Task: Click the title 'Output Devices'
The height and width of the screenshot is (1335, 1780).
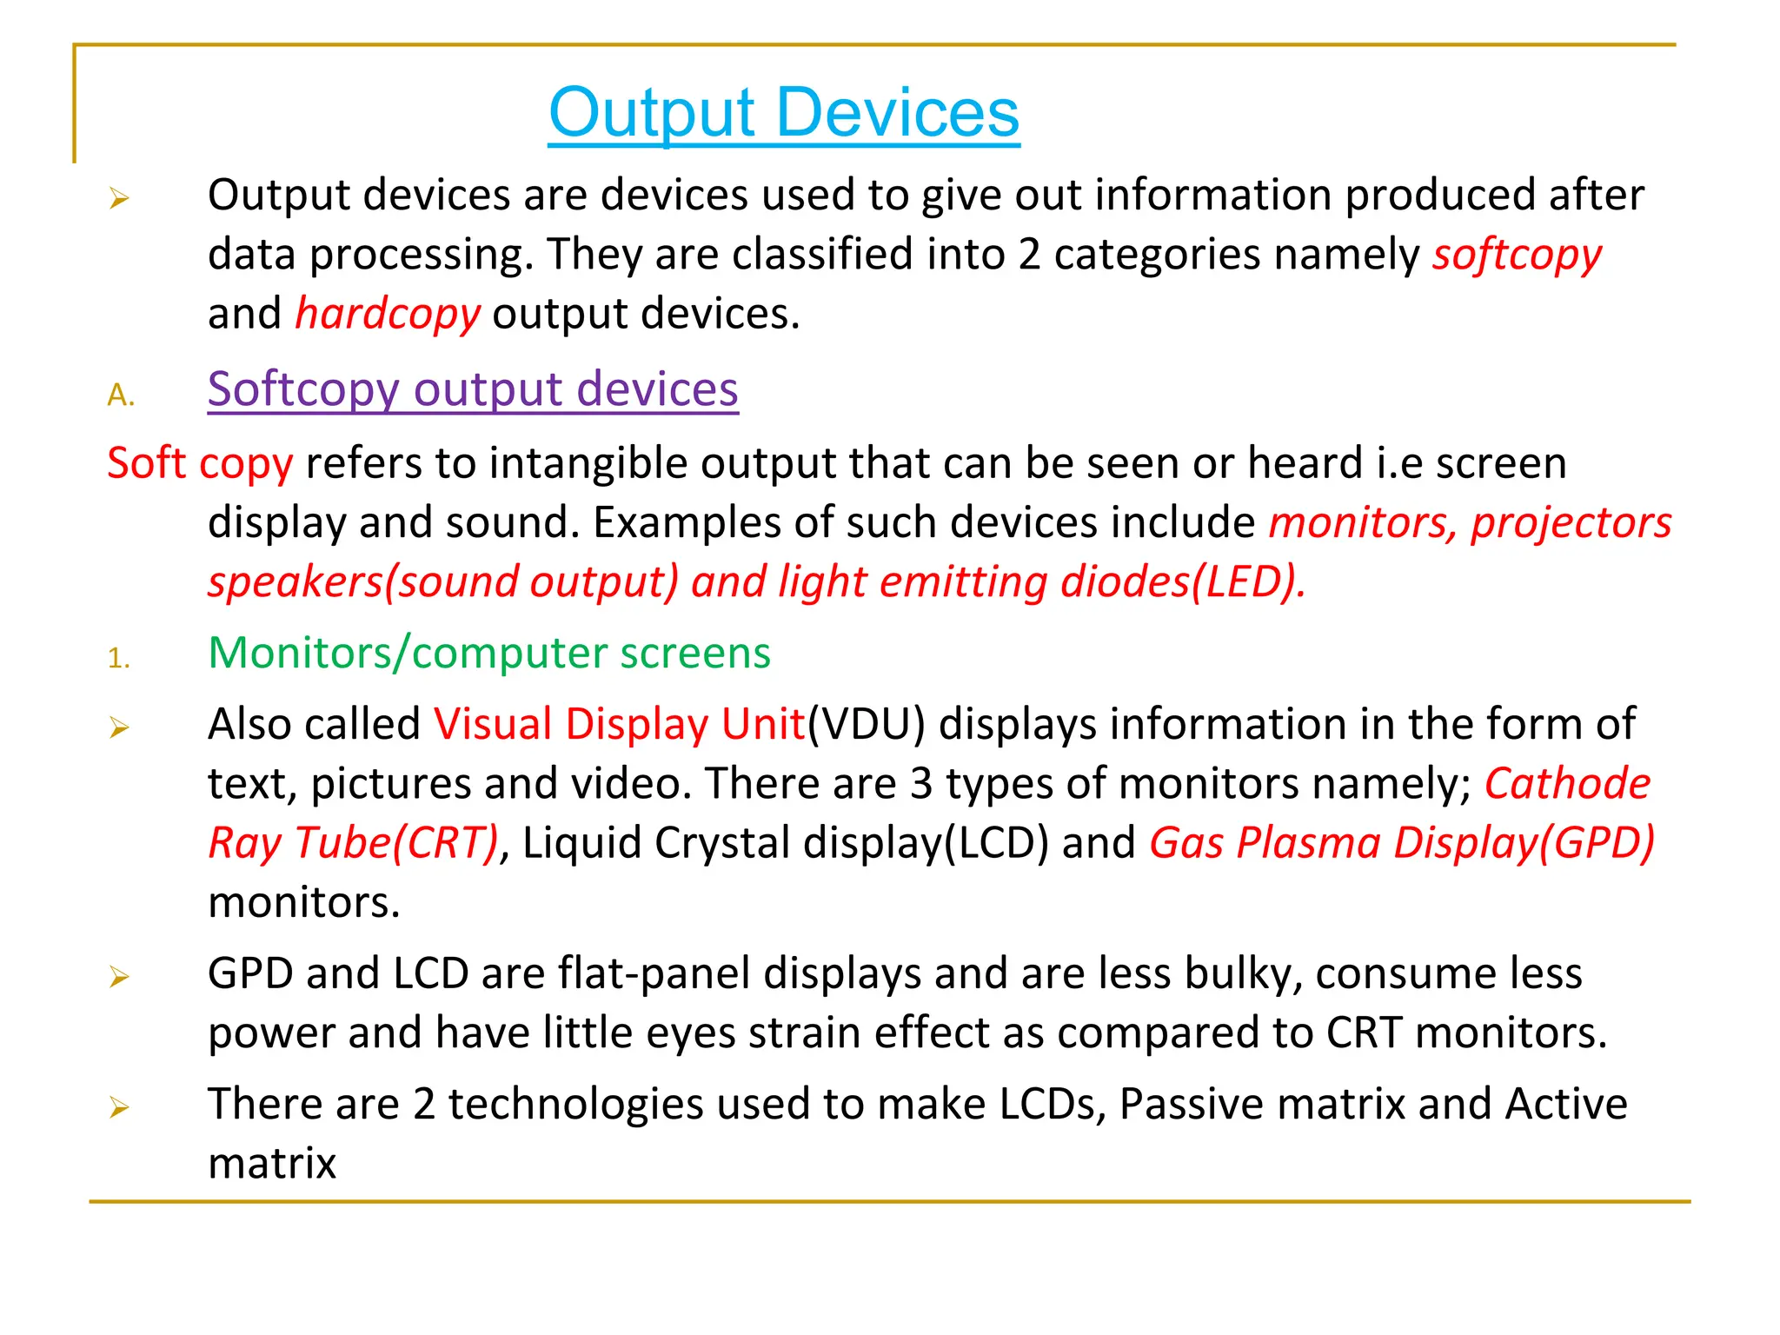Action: pyautogui.click(x=783, y=113)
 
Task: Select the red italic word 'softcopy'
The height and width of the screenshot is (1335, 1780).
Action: pyautogui.click(x=1517, y=256)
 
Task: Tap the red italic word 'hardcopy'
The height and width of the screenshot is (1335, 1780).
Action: pyautogui.click(x=388, y=314)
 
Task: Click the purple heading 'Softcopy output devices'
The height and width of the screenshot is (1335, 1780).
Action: pyautogui.click(x=473, y=389)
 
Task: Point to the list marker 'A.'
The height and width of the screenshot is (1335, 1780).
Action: pyautogui.click(x=121, y=395)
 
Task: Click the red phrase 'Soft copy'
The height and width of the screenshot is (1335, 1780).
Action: pyautogui.click(x=200, y=463)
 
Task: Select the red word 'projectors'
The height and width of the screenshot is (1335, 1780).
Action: pyautogui.click(x=1571, y=523)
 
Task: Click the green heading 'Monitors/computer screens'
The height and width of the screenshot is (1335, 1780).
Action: pyautogui.click(x=489, y=653)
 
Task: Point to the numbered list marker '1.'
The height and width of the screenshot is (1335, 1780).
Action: pyautogui.click(x=119, y=659)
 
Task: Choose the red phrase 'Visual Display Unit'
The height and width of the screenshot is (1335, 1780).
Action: pyautogui.click(x=620, y=724)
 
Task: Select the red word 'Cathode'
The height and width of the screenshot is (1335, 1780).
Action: pyautogui.click(x=1567, y=784)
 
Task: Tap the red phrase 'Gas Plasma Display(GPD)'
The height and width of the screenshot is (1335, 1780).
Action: pyautogui.click(x=1401, y=843)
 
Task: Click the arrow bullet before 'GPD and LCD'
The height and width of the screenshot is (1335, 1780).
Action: pyautogui.click(x=119, y=978)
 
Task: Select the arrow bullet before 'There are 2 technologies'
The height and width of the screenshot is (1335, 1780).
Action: pyautogui.click(x=119, y=1108)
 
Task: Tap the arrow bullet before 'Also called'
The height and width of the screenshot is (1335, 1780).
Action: pyautogui.click(x=119, y=728)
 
